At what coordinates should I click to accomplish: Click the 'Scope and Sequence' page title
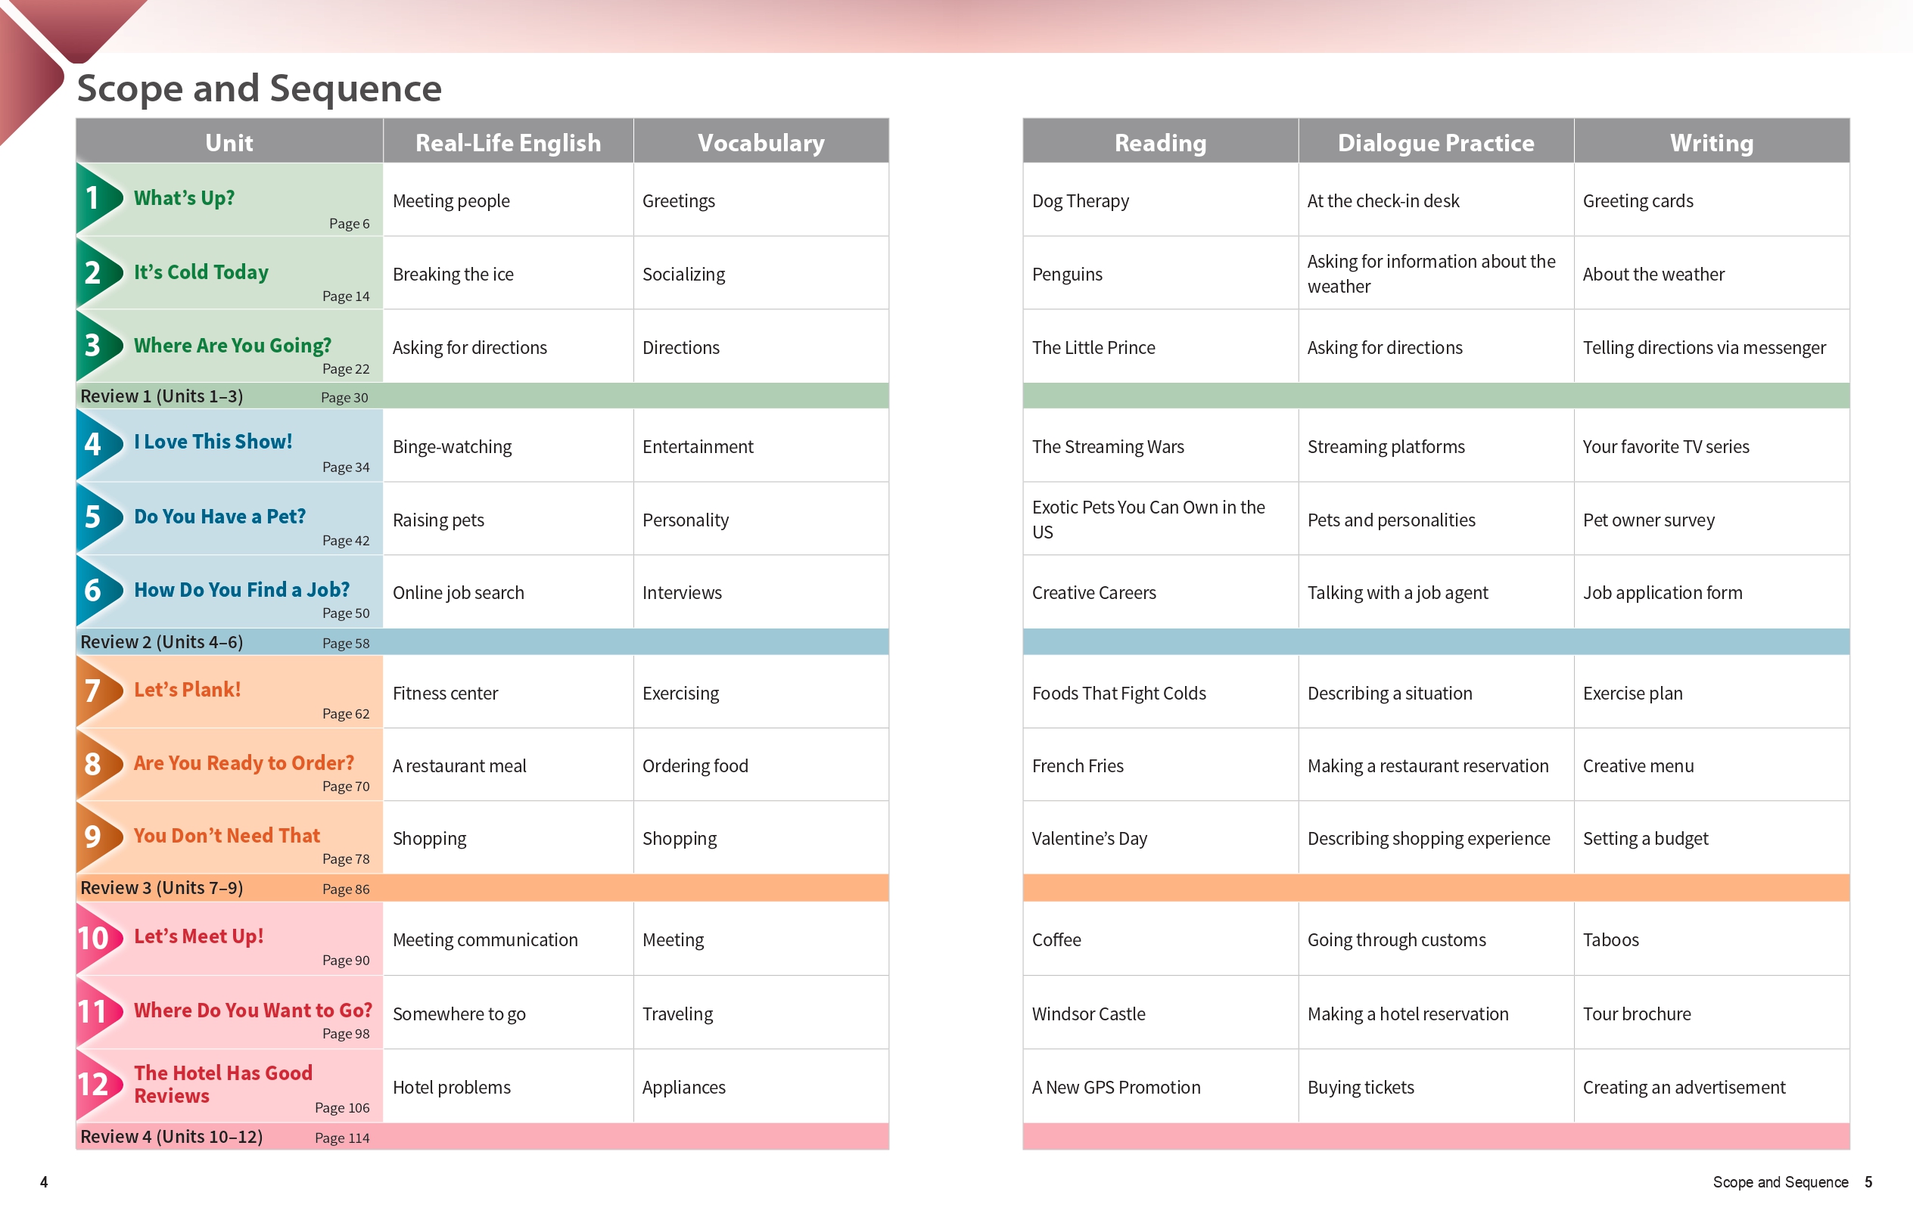(259, 88)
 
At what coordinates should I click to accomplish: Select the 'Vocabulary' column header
(761, 143)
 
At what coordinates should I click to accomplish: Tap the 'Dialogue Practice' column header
(1436, 143)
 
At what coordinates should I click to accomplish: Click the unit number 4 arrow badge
(96, 445)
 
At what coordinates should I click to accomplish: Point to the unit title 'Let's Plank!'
(187, 690)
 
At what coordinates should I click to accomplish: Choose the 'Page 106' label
(341, 1108)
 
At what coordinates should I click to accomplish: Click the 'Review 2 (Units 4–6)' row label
(161, 642)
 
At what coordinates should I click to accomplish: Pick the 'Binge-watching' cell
(452, 447)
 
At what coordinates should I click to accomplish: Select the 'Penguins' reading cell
(1067, 275)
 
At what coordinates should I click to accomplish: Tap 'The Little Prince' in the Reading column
(1093, 348)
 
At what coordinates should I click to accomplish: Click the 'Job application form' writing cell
(1662, 593)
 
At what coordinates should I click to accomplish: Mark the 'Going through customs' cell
(1396, 940)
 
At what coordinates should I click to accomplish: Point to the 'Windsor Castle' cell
(1088, 1014)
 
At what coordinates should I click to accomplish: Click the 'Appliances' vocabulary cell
(683, 1088)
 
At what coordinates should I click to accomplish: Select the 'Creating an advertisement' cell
(1684, 1088)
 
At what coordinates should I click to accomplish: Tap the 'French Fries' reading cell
(1078, 766)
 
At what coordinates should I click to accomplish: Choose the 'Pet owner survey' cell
(1648, 520)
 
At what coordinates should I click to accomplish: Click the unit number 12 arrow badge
(96, 1085)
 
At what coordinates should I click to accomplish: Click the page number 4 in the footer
(44, 1182)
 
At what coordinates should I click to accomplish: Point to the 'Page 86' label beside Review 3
(346, 889)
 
